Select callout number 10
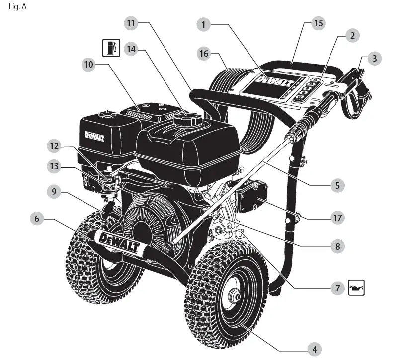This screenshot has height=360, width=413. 88,65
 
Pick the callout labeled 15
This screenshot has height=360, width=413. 318,23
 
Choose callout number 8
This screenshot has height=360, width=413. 337,245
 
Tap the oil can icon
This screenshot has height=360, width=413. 356,288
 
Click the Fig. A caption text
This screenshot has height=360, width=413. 17,8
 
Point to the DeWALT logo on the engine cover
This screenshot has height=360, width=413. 94,136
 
